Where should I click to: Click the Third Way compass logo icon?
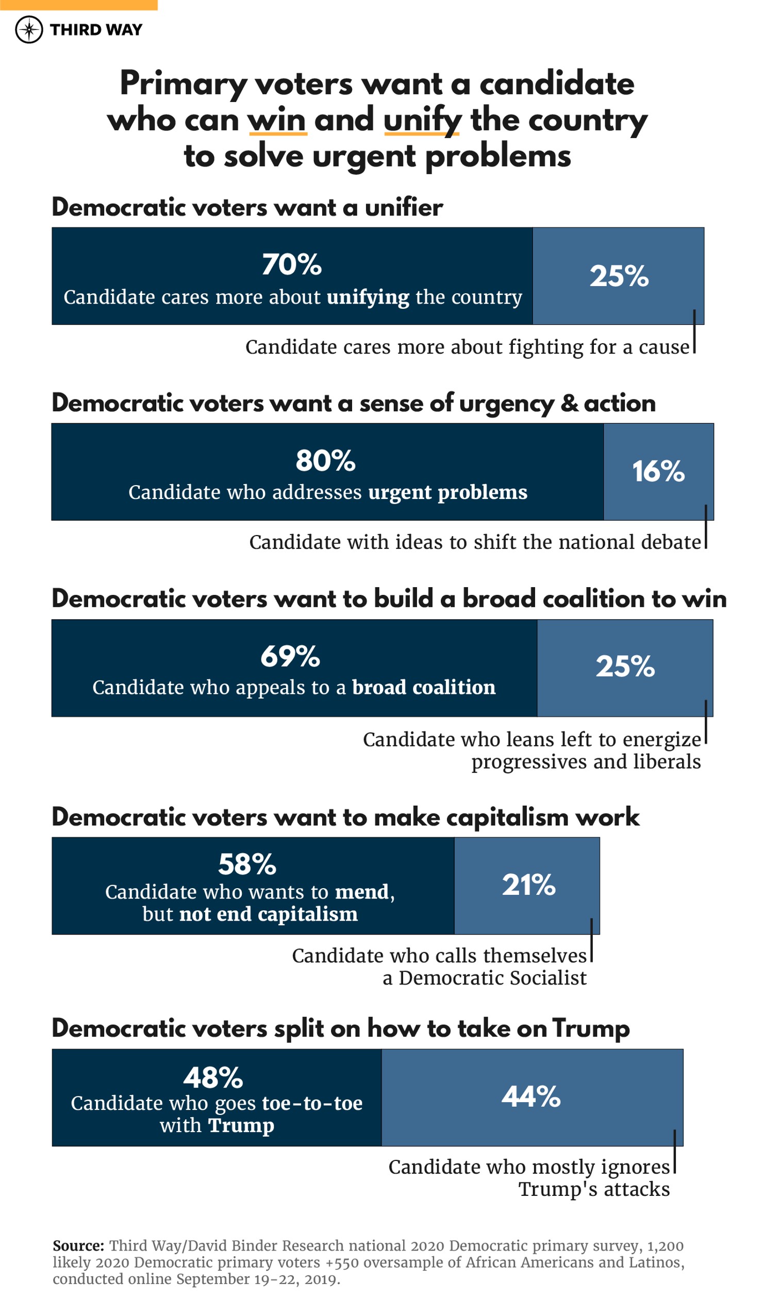pos(29,30)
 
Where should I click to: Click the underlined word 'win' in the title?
pos(277,121)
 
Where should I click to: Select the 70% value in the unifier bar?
pos(292,265)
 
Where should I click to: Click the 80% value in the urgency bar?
pos(325,461)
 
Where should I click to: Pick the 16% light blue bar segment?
pos(658,472)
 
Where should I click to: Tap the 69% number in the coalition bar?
pos(290,657)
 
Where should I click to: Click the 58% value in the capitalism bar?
pos(247,865)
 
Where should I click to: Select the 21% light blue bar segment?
pos(527,886)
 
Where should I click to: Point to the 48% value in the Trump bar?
pos(213,1078)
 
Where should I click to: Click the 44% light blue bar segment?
pos(532,1097)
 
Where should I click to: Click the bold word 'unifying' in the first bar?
pos(368,297)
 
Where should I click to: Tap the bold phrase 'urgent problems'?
pos(447,493)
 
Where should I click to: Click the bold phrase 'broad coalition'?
pos(423,688)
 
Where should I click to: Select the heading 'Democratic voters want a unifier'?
pos(247,208)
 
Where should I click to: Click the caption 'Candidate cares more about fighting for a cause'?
pos(467,347)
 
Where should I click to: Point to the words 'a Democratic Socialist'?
pos(484,978)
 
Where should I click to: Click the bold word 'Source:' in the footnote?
pos(78,1246)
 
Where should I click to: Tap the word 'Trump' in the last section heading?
pos(591,1029)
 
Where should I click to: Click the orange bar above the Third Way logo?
pos(78,5)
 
